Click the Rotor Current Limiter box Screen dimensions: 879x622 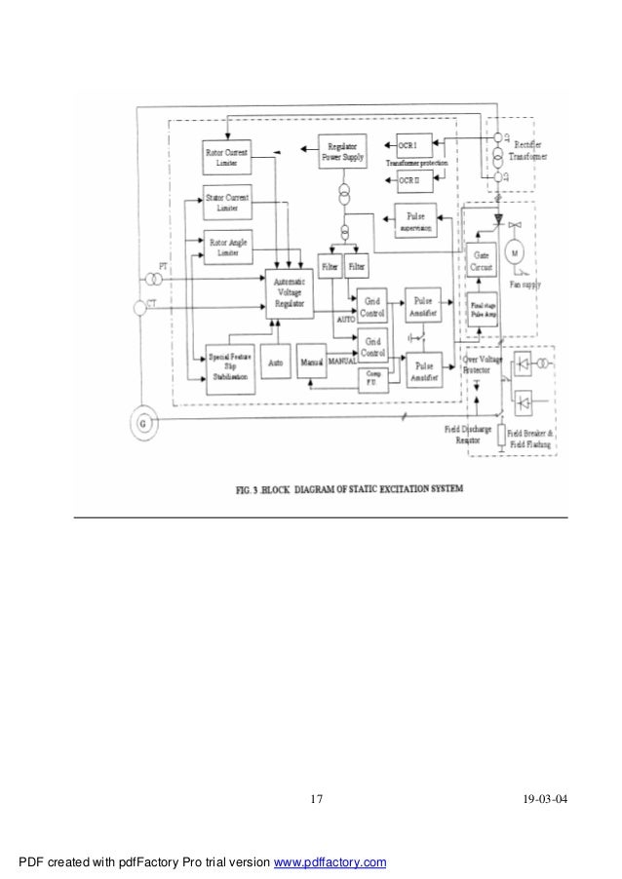[227, 157]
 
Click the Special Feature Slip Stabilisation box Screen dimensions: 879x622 [229, 369]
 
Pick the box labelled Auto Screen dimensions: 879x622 [276, 362]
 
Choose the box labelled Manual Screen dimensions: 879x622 [311, 362]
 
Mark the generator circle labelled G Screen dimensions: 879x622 [144, 423]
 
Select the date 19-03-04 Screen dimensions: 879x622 [542, 800]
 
